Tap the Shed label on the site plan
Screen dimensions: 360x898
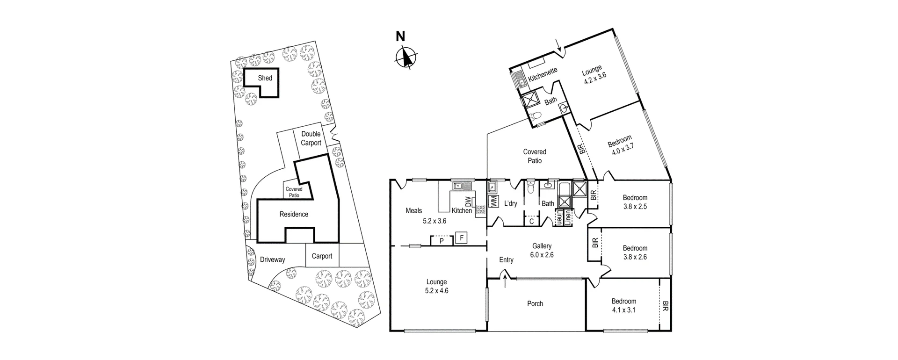265,78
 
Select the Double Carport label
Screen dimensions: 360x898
311,138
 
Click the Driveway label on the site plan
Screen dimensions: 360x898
272,259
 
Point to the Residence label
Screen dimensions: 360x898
294,214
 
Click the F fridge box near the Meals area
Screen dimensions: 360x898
462,238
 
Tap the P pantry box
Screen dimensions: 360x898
442,241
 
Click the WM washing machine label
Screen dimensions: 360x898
493,202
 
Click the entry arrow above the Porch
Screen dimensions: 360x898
505,281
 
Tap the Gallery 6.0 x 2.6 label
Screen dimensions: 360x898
542,250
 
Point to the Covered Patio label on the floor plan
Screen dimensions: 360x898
535,156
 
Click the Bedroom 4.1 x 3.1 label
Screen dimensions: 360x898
623,305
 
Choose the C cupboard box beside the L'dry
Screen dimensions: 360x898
532,221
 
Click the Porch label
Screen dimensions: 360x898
535,303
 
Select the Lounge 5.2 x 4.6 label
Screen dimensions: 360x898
436,286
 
